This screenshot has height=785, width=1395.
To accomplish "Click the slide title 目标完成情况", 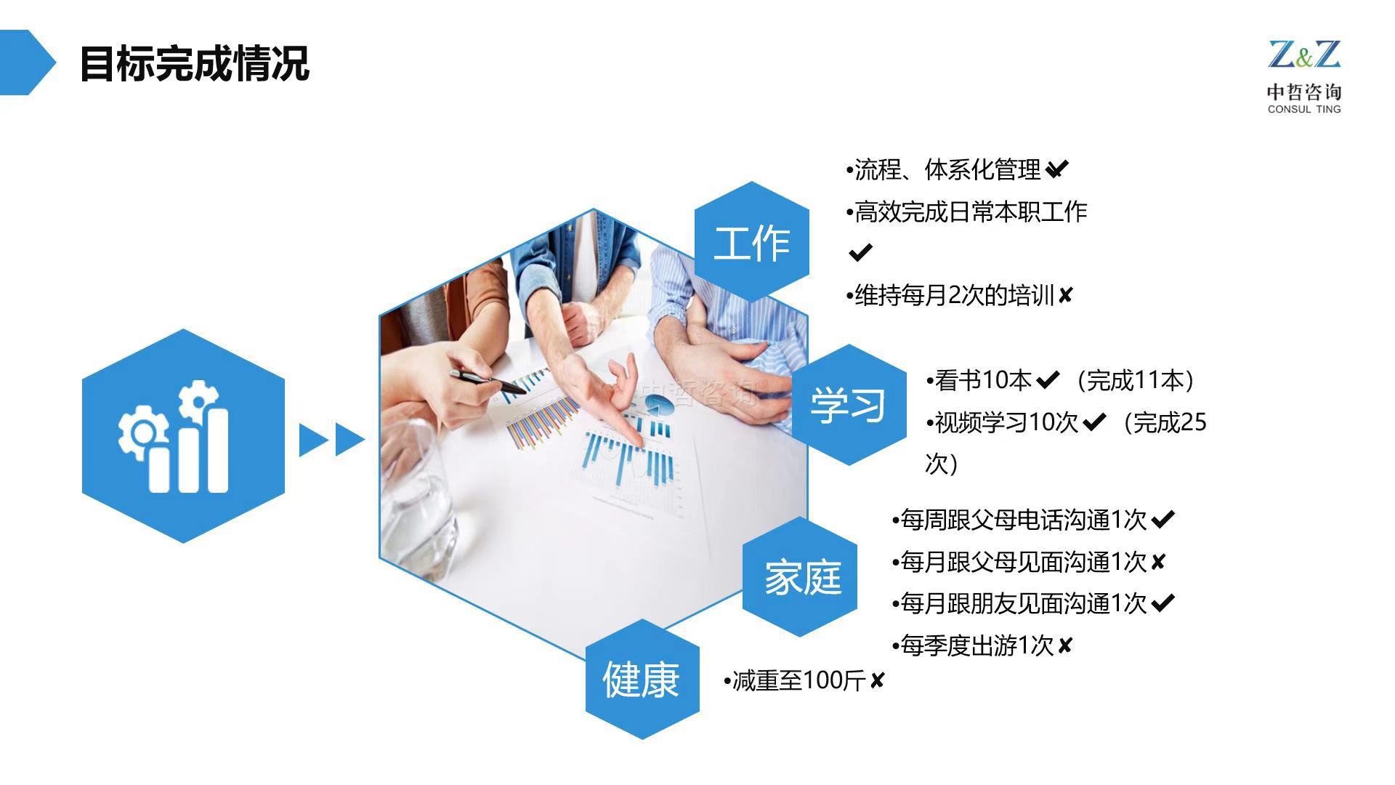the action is [x=194, y=63].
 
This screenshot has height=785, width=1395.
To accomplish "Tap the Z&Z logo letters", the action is [x=1304, y=55].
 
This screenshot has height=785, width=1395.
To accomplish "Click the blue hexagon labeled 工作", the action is [x=751, y=242].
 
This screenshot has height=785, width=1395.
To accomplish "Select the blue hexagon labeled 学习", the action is [x=849, y=404].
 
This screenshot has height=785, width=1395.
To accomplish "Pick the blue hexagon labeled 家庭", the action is [x=800, y=577].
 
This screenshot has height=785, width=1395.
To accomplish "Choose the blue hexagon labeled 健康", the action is [x=642, y=679].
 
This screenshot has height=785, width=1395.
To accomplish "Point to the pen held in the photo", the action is [x=487, y=382].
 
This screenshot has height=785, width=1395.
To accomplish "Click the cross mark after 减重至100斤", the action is [x=878, y=681].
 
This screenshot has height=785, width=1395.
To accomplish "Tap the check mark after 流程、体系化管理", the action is [x=1057, y=169].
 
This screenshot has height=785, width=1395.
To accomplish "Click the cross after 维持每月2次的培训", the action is [x=1065, y=295].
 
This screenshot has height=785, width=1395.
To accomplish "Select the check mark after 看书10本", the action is [x=1048, y=379].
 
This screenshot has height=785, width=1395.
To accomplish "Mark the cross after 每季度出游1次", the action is [x=1065, y=645].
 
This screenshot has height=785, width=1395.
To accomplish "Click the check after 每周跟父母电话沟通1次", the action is [x=1163, y=519].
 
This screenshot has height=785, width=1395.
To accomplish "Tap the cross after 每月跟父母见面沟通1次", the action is [x=1158, y=561].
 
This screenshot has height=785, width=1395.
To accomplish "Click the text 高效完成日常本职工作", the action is [x=971, y=212].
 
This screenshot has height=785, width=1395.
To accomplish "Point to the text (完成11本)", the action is [x=1136, y=380].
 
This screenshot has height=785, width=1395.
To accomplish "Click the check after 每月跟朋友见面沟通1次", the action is [x=1163, y=603].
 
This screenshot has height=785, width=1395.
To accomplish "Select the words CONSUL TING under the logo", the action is [x=1304, y=109].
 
